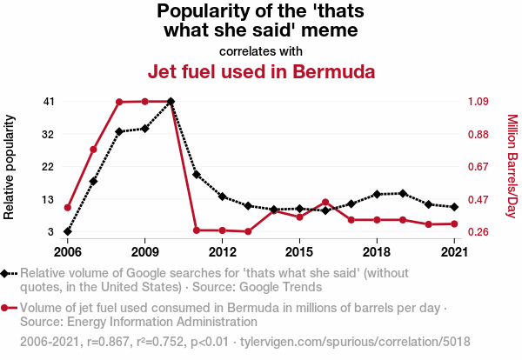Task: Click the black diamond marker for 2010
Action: [171, 102]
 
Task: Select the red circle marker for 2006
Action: [68, 208]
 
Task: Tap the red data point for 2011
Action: [197, 230]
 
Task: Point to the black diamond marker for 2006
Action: [68, 232]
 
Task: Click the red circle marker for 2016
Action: [325, 203]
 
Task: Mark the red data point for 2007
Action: [93, 150]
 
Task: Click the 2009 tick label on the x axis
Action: [144, 252]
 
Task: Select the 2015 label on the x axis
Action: [299, 252]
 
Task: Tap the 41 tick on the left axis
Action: [49, 102]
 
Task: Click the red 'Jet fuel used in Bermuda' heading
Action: [261, 70]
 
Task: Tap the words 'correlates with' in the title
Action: [261, 50]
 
